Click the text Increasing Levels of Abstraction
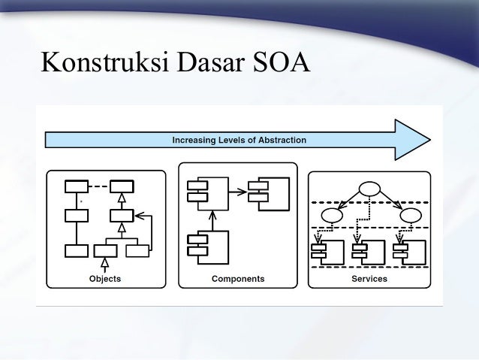click(239, 140)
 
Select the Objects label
click(104, 279)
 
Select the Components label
click(238, 279)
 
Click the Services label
click(369, 279)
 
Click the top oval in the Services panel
click(369, 188)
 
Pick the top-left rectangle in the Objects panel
click(76, 186)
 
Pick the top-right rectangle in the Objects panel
click(122, 186)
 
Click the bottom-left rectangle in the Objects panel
click(76, 250)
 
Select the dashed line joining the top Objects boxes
click(98, 186)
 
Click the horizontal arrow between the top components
click(237, 192)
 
